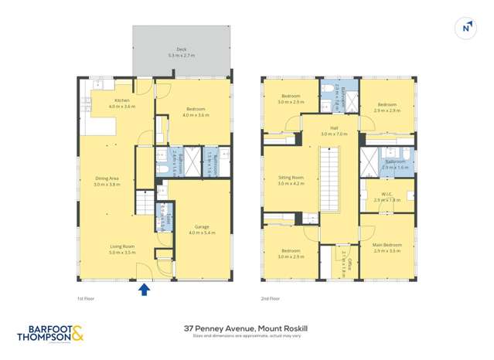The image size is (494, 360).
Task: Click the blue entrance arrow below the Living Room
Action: [x=143, y=290]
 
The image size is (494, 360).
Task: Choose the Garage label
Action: [x=202, y=229]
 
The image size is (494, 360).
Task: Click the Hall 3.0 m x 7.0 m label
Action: [x=333, y=131]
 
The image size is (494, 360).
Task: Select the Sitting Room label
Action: [x=291, y=181]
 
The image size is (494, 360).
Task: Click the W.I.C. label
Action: [x=387, y=197]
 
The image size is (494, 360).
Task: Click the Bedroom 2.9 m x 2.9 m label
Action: [x=387, y=107]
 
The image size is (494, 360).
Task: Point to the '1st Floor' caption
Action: [x=86, y=298]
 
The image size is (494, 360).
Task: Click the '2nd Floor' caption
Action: [x=271, y=298]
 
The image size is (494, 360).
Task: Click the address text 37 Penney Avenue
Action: [x=247, y=328]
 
